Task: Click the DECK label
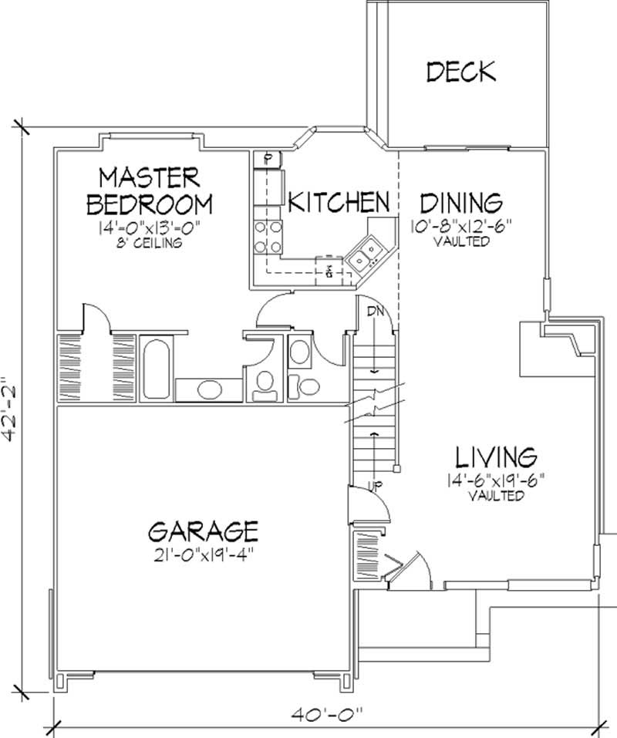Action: click(460, 72)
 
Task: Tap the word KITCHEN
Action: click(338, 202)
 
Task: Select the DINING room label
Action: click(460, 204)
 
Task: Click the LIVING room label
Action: click(494, 457)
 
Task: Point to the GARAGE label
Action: click(203, 531)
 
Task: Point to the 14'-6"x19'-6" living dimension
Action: click(496, 481)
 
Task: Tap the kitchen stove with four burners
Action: click(268, 237)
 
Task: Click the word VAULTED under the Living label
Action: click(496, 496)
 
